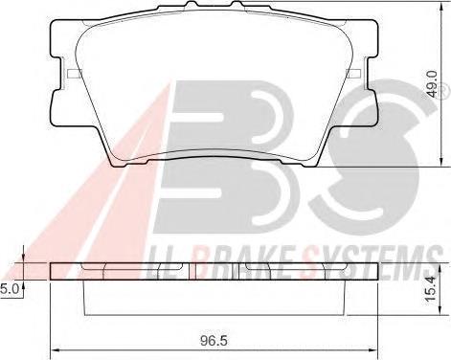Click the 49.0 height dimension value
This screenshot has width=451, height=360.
[x=432, y=84]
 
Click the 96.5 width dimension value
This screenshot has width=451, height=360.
[x=214, y=341]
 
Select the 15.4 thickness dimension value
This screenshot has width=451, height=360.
[x=431, y=289]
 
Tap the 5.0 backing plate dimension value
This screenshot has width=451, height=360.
[x=9, y=289]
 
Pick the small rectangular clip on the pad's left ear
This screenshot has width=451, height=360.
[x=75, y=73]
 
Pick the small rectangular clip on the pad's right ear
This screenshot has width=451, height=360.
[x=353, y=73]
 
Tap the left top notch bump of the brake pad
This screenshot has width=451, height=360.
[x=192, y=4]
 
